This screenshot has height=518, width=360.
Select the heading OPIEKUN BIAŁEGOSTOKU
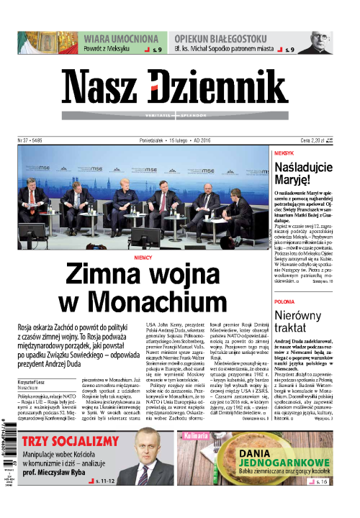coord(234,38)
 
